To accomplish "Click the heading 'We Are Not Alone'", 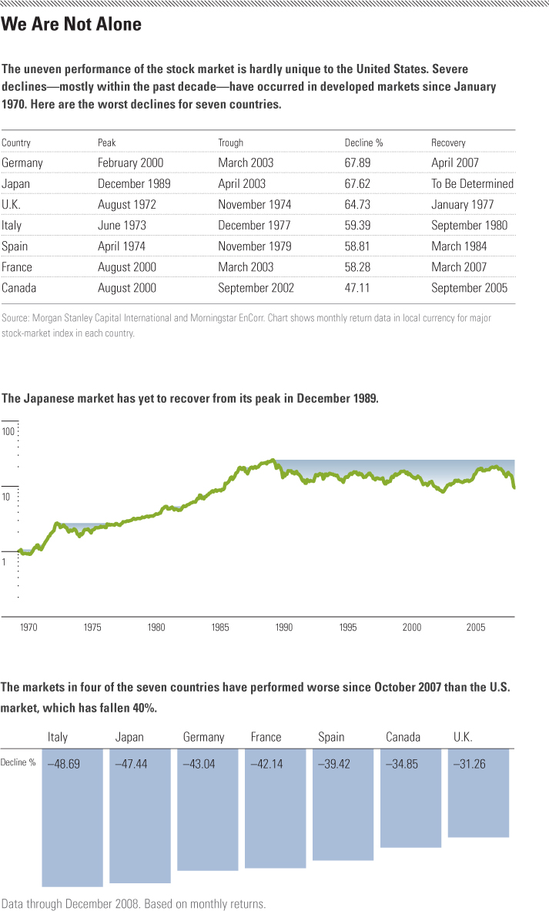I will tap(72, 25).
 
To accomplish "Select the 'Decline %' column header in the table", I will tap(363, 142).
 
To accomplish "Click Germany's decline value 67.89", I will tap(360, 163).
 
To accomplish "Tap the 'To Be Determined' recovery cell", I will tap(472, 184).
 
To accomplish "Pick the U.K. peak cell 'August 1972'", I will tap(129, 205).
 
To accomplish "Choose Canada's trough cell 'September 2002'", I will tap(256, 288).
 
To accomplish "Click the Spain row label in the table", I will tap(15, 246).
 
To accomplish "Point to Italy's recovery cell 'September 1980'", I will tap(469, 226).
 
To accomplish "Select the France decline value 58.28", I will tap(360, 267).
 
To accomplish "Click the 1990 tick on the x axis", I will tap(284, 628).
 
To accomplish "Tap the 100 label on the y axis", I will tap(8, 431).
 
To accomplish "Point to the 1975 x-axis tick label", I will tap(92, 628).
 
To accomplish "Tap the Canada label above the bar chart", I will tap(403, 737).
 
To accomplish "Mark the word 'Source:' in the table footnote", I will tap(16, 318).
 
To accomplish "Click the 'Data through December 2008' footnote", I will tap(134, 903).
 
